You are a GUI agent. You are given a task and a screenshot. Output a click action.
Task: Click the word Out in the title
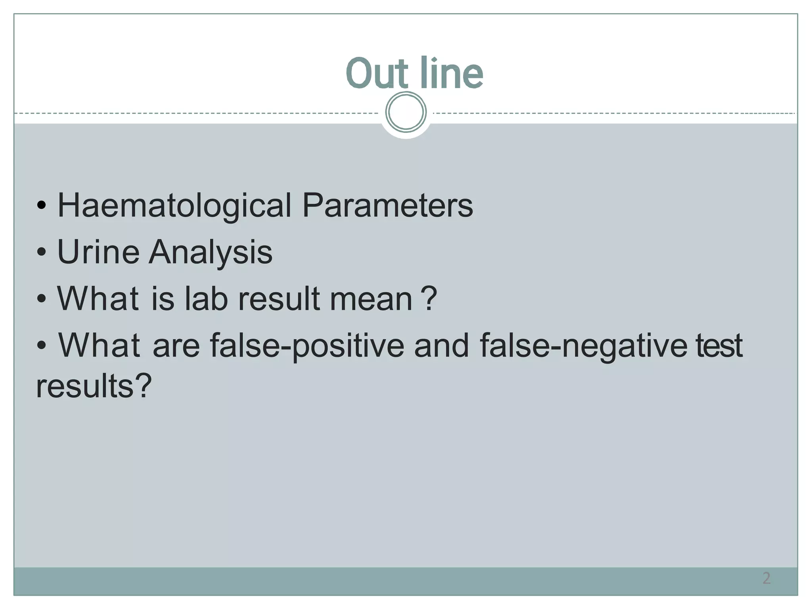(x=377, y=73)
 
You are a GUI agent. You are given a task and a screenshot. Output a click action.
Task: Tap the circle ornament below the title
(x=406, y=112)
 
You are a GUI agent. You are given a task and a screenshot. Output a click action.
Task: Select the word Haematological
(x=174, y=206)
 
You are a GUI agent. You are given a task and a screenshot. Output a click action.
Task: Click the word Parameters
(x=387, y=206)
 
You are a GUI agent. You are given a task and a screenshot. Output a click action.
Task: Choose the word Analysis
(x=211, y=252)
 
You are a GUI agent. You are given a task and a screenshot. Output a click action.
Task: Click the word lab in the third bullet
(x=206, y=299)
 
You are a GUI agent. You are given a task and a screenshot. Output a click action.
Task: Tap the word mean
(x=371, y=299)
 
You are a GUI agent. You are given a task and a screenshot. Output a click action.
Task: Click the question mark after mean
(x=429, y=299)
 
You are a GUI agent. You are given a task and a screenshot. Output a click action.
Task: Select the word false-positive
(x=307, y=345)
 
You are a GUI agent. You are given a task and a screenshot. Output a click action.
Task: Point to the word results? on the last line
(x=94, y=386)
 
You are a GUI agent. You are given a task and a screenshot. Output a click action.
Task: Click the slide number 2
(x=766, y=578)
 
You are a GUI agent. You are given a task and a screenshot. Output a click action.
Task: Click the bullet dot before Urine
(x=41, y=252)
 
